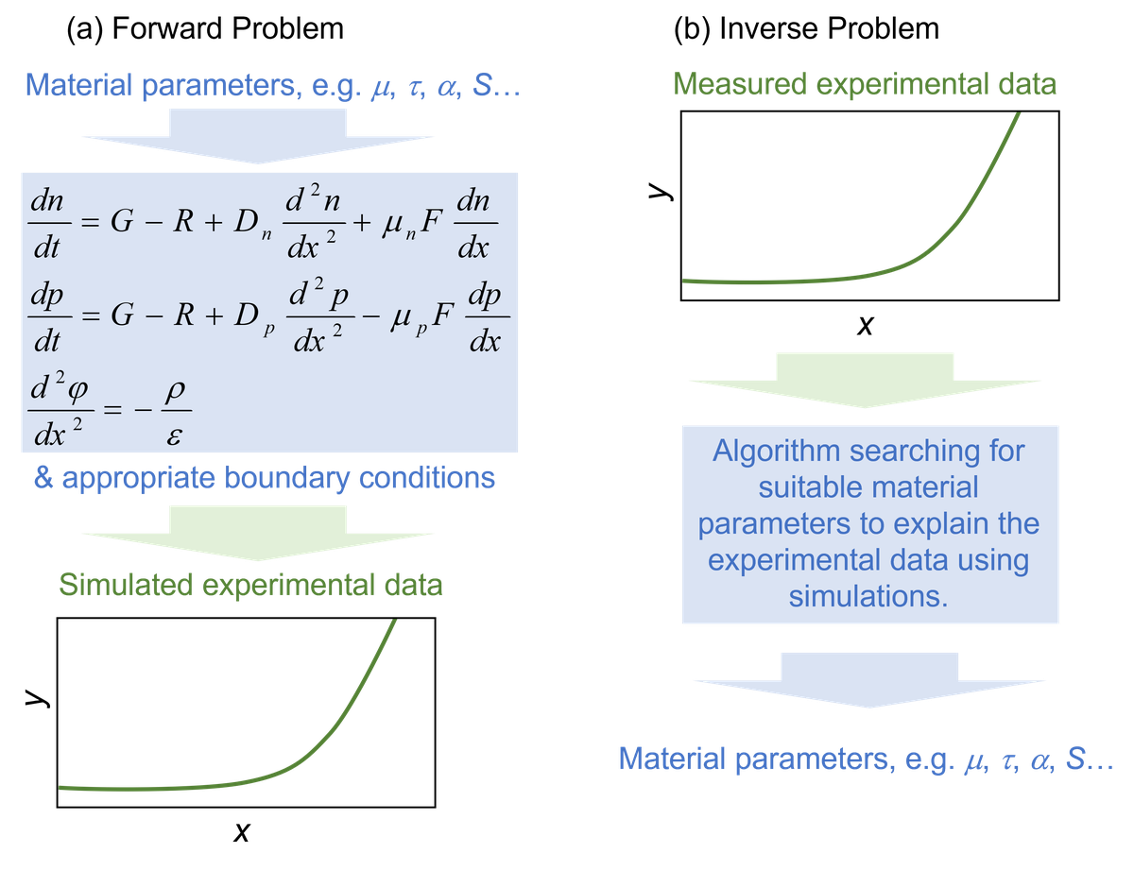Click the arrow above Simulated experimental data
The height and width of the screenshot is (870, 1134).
[x=259, y=531]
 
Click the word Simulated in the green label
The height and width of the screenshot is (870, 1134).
[x=126, y=586]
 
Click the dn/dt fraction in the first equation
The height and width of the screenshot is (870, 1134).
[x=46, y=225]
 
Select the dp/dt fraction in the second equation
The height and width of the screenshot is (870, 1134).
[x=46, y=319]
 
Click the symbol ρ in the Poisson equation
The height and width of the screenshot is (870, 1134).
[x=171, y=390]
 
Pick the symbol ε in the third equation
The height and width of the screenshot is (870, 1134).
[x=172, y=434]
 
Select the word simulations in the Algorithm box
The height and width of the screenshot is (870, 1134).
[x=867, y=596]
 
